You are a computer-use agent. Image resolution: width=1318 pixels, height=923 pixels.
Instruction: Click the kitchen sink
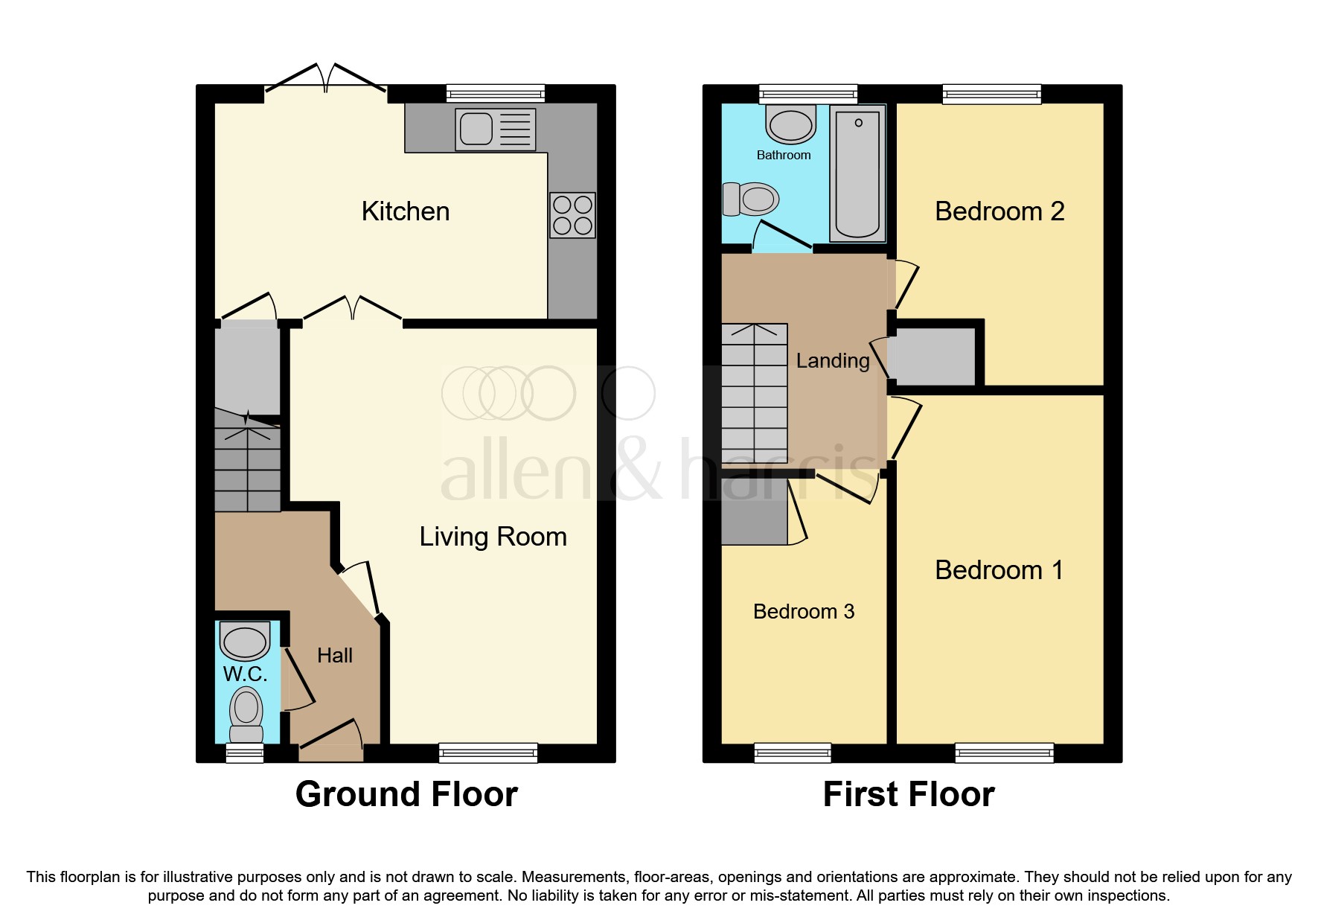[495, 130]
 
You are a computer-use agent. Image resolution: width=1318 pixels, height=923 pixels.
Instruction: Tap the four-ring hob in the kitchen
[572, 215]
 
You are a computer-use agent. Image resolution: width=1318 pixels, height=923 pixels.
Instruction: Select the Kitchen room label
[406, 211]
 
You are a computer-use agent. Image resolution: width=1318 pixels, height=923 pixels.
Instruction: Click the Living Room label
[493, 537]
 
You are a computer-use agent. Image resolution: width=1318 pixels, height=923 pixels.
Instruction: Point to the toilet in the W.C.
[246, 706]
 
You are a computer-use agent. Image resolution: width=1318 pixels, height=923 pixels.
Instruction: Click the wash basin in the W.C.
[245, 642]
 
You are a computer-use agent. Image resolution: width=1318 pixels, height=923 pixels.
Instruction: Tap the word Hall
[335, 656]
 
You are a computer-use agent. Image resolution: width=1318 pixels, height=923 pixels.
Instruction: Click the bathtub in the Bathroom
[857, 173]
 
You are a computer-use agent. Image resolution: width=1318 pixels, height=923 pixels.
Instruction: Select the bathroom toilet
[750, 199]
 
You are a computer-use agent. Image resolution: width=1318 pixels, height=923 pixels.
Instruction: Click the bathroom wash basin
[790, 125]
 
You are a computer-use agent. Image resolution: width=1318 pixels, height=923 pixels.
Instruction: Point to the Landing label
[833, 361]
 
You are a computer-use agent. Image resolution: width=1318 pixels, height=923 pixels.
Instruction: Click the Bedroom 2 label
[999, 211]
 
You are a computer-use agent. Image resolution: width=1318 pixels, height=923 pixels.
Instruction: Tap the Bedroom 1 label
[999, 570]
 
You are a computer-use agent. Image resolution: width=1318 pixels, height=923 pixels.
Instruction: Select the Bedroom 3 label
[804, 612]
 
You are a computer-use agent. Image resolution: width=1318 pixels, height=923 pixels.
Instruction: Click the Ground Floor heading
[406, 794]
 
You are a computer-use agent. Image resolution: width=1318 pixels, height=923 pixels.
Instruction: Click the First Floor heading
[908, 794]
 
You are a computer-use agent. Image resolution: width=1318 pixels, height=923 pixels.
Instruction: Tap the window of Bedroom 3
[793, 753]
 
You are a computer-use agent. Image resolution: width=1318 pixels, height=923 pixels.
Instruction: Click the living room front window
[488, 753]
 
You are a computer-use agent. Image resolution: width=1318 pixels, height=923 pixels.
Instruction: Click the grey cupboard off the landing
[932, 357]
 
